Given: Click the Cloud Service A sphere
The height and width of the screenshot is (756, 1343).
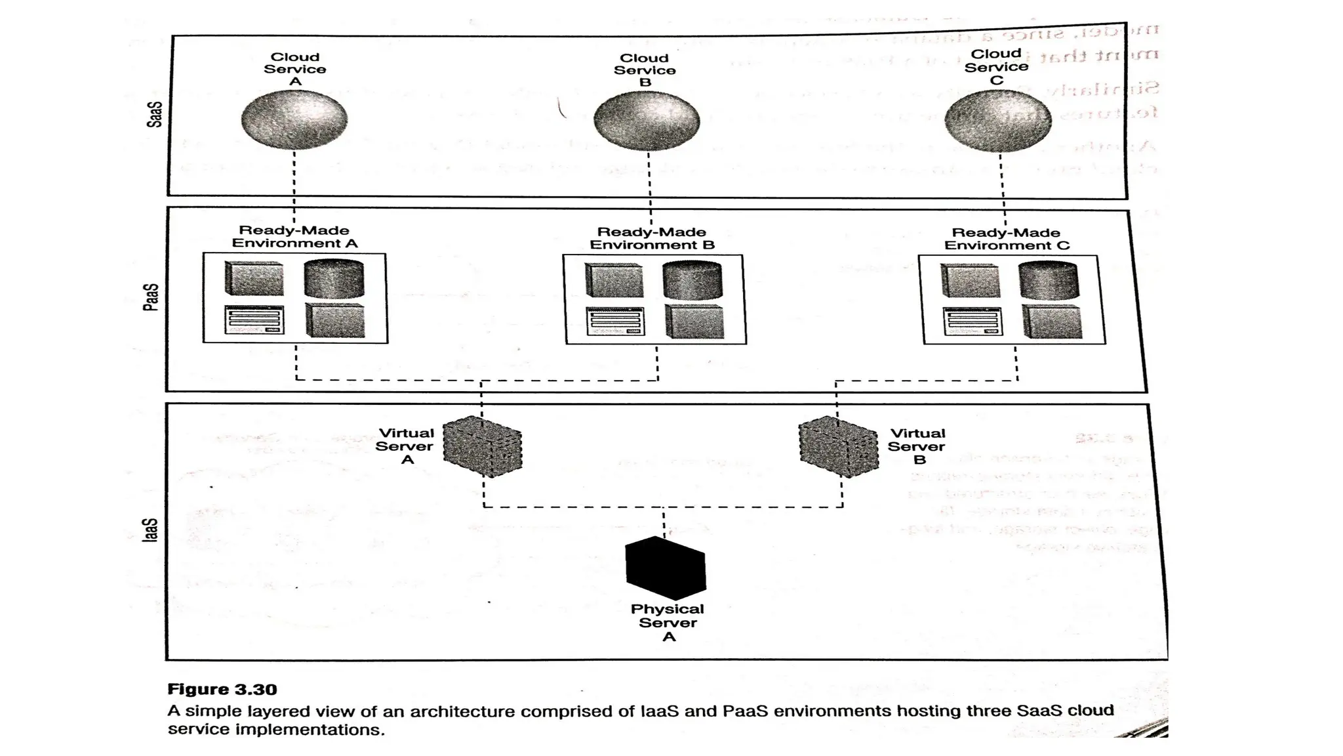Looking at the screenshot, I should [x=294, y=119].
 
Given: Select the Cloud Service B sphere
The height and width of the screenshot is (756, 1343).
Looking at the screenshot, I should [x=647, y=121].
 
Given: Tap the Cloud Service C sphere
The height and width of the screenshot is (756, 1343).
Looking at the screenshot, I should [x=998, y=121].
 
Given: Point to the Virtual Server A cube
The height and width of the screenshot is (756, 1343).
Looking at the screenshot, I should [x=483, y=446].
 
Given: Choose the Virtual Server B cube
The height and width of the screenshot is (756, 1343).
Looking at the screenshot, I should [x=839, y=446].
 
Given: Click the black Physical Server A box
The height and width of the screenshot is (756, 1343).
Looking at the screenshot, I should [x=666, y=568].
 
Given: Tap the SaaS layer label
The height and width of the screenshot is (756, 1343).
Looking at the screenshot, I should [x=154, y=114].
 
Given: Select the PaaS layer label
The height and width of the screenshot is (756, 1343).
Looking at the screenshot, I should [x=151, y=297].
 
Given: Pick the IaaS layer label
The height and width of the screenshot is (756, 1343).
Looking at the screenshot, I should [x=151, y=530].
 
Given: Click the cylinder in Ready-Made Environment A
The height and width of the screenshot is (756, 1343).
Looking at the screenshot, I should [x=334, y=279].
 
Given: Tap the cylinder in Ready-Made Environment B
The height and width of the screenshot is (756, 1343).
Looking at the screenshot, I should [x=692, y=281].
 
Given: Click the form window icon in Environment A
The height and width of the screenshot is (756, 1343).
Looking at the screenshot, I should [x=254, y=320].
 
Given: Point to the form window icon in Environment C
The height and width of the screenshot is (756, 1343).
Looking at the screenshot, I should [x=972, y=322].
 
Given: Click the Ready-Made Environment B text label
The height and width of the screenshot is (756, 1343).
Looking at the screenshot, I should [x=652, y=238].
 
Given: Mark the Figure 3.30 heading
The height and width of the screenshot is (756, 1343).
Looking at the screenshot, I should [x=222, y=689].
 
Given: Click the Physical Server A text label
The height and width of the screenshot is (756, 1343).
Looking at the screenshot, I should [x=668, y=623].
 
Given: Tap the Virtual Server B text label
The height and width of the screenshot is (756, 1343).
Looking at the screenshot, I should [x=917, y=446].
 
